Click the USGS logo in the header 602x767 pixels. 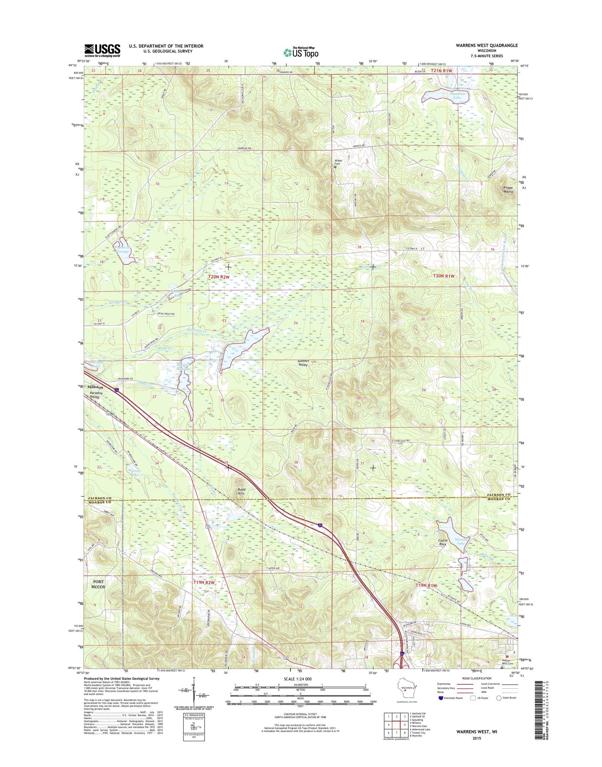(102, 50)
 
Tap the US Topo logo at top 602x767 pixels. (301, 52)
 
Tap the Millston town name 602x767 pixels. (95, 387)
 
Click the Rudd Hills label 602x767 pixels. (241, 491)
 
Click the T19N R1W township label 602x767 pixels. (426, 585)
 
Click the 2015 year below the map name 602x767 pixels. (477, 738)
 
